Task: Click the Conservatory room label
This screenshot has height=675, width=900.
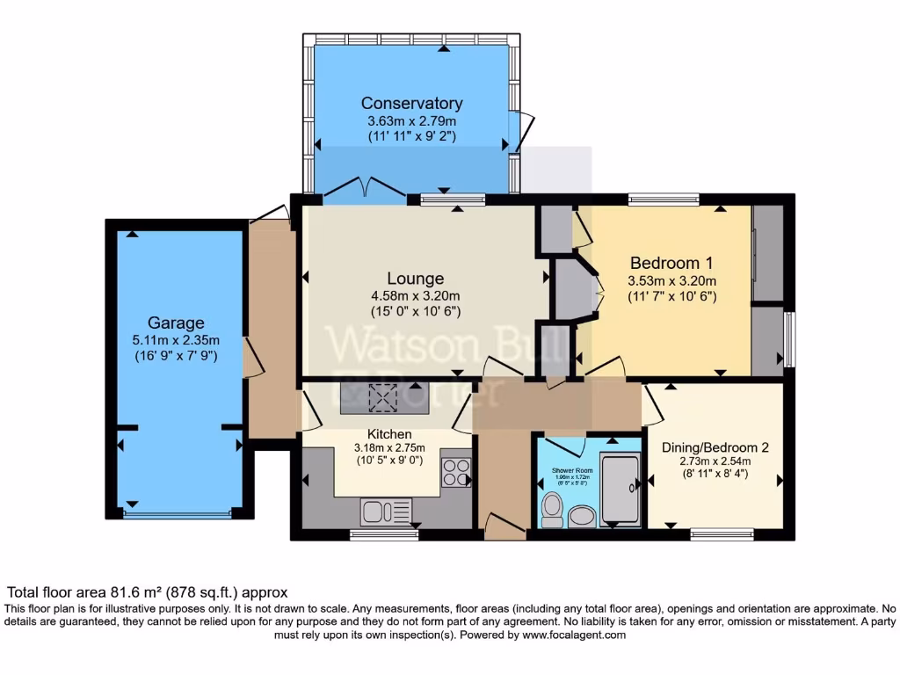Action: (x=411, y=104)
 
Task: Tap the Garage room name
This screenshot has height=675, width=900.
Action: (x=176, y=323)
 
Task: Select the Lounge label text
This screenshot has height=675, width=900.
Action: (x=414, y=279)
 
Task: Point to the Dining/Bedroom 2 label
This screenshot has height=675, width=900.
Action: (x=715, y=446)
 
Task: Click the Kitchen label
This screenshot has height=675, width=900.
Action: (x=389, y=434)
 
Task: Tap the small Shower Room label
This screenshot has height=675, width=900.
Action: (x=572, y=471)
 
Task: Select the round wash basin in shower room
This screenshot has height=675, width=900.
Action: (x=582, y=516)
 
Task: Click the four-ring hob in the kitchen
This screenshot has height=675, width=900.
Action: (x=456, y=473)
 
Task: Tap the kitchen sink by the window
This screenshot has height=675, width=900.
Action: (x=381, y=510)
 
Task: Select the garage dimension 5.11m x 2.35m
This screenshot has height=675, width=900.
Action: (x=176, y=340)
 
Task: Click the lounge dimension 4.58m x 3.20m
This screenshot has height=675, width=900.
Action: (x=414, y=296)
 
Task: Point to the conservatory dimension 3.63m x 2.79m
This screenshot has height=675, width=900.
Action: (x=411, y=120)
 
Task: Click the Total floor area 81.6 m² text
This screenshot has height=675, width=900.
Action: (x=148, y=593)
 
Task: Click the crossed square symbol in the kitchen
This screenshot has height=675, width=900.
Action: (x=383, y=398)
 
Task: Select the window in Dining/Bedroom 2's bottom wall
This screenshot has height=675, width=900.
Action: (x=722, y=533)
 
